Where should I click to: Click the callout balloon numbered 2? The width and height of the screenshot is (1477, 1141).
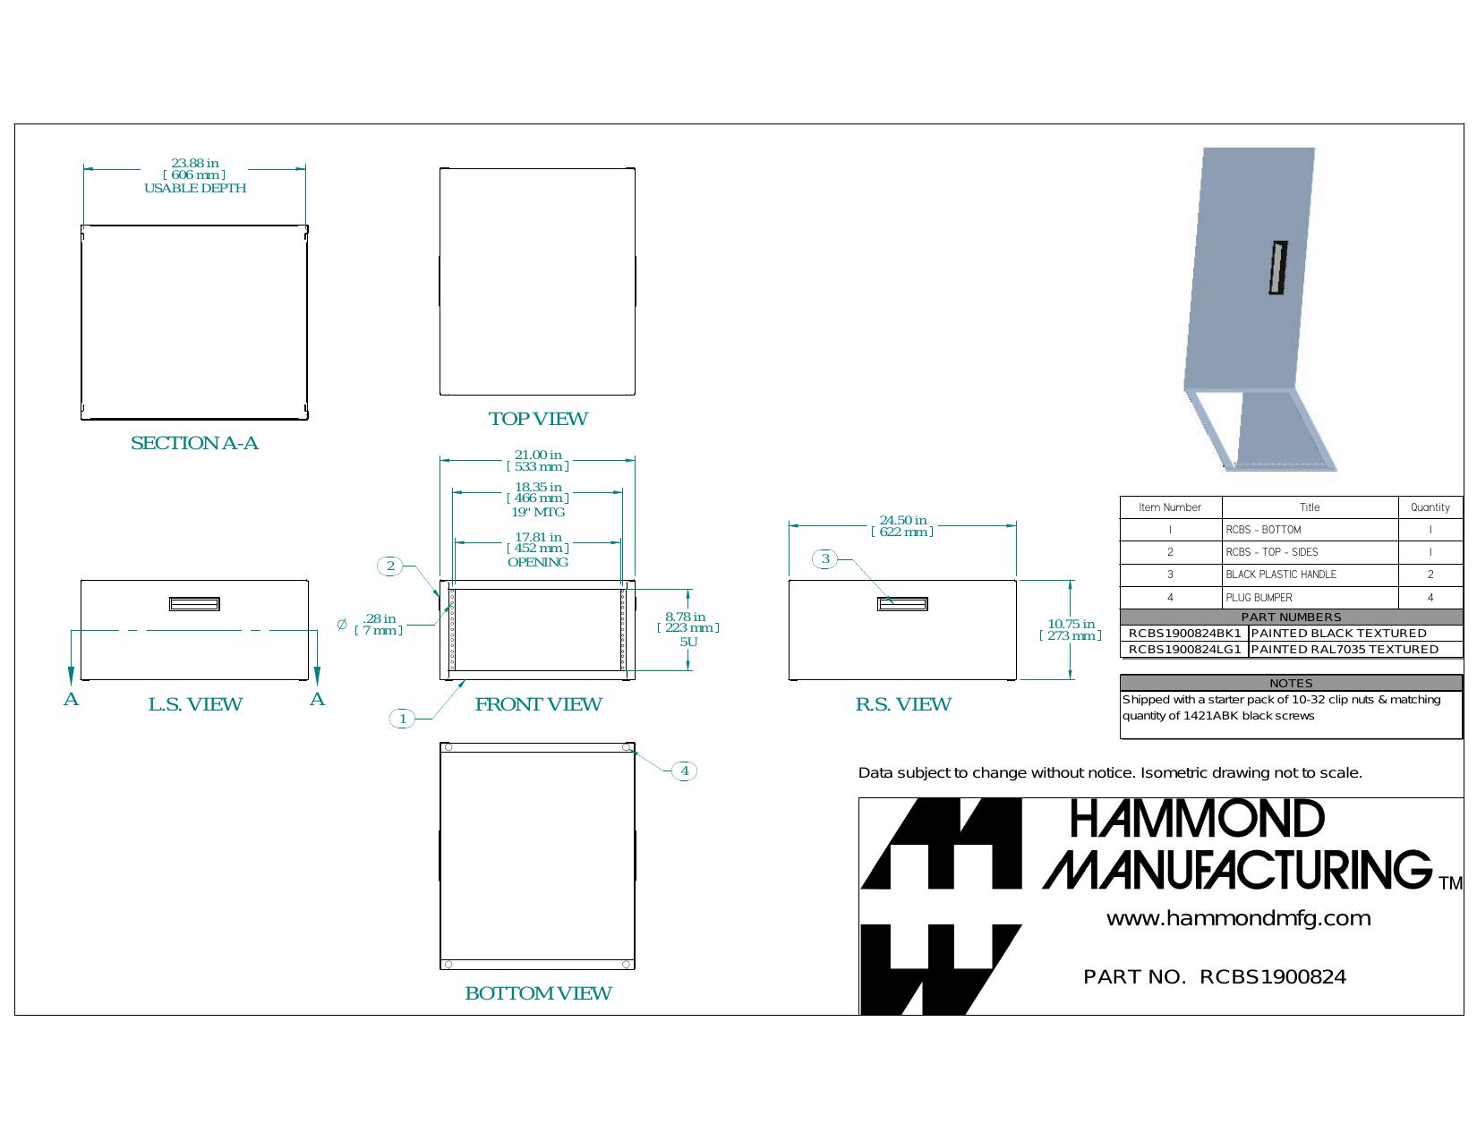(390, 566)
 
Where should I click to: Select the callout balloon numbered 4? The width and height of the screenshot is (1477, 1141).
(685, 771)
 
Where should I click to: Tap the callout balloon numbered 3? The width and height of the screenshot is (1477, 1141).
(825, 558)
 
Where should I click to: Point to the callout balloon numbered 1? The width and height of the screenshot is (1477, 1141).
(403, 719)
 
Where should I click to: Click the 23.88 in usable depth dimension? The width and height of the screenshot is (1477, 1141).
(195, 175)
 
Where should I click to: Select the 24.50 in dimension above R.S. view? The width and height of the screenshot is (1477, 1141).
(902, 526)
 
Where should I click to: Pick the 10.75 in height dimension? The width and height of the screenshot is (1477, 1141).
(1071, 629)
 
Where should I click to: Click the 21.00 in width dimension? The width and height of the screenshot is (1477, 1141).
(538, 460)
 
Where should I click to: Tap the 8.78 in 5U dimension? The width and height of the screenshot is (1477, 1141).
(687, 628)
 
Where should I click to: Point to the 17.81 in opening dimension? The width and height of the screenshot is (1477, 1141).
(538, 549)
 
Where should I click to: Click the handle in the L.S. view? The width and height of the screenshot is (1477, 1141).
(194, 603)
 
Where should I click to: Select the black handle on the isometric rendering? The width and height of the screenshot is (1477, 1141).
(1278, 268)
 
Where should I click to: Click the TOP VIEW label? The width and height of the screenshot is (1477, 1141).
(538, 419)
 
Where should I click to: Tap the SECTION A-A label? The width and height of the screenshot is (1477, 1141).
(194, 443)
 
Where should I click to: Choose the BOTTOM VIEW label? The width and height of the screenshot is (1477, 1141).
(538, 992)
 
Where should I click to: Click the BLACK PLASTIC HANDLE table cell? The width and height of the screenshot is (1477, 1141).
(1281, 575)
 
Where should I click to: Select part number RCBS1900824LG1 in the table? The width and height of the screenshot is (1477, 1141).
(1184, 649)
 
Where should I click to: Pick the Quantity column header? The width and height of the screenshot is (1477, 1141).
(1430, 507)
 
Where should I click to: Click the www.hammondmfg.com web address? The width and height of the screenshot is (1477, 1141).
(1238, 918)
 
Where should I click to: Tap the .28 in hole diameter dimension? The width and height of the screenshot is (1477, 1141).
(380, 624)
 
